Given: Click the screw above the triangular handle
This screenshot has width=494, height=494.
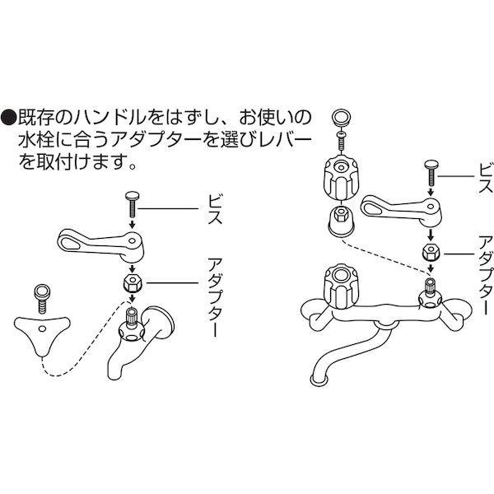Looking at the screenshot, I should coord(39,294).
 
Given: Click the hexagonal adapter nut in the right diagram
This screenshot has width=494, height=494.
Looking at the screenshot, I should coord(429,253).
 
